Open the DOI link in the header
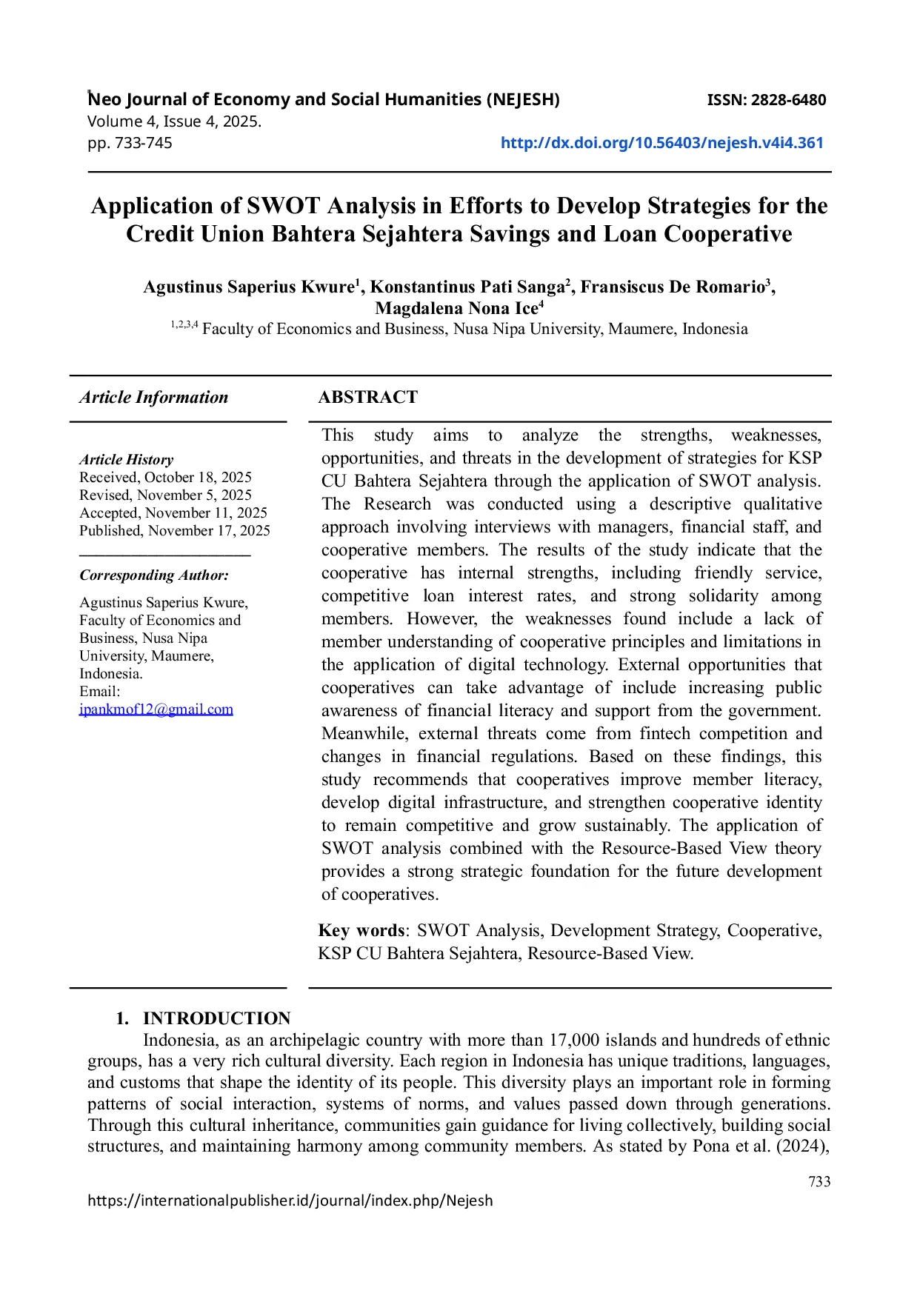(661, 143)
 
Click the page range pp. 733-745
(130, 143)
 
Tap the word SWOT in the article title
(283, 206)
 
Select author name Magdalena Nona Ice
(459, 308)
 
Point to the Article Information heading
(154, 398)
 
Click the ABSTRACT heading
(367, 398)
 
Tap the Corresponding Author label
(154, 575)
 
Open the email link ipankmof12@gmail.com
(156, 709)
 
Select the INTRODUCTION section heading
(216, 1018)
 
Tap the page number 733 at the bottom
(819, 1182)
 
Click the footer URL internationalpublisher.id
(290, 1201)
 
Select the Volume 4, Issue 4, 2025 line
(174, 121)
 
